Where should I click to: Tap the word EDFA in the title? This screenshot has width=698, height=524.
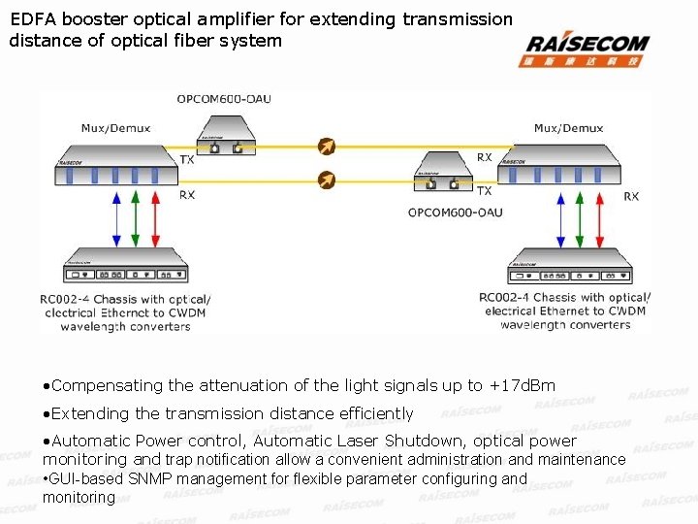pyautogui.click(x=30, y=19)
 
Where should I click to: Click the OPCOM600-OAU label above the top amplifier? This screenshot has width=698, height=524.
pyautogui.click(x=223, y=99)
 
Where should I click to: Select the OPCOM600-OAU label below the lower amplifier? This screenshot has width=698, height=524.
pyautogui.click(x=455, y=212)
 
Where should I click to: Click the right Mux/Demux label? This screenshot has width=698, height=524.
pyautogui.click(x=568, y=128)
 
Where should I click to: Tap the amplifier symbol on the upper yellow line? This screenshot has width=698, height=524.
pyautogui.click(x=328, y=147)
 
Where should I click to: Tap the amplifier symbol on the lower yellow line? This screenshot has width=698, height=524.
pyautogui.click(x=328, y=180)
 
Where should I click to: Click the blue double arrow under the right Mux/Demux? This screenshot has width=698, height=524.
pyautogui.click(x=561, y=217)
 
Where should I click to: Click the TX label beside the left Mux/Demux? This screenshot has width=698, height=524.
pyautogui.click(x=186, y=159)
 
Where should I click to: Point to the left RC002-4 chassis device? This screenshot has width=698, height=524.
pyautogui.click(x=125, y=265)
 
